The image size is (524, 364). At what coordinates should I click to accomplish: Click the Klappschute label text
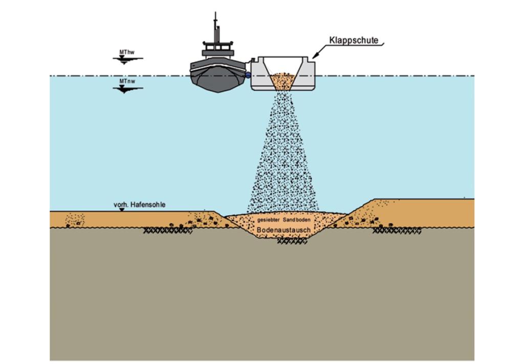point(354,40)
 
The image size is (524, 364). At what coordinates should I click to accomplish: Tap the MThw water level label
point(127,53)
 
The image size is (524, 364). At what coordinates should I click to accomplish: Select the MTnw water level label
point(127,81)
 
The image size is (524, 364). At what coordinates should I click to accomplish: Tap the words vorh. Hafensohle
point(139,204)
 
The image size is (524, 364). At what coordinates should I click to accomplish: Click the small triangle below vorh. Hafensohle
point(122,210)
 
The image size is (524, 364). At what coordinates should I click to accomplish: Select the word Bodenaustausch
point(283,230)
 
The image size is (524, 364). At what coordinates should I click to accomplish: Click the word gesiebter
point(268,220)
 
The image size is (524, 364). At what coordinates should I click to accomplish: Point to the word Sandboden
point(297,220)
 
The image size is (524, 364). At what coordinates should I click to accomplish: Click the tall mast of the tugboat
point(215,27)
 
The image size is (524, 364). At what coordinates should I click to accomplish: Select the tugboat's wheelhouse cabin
point(217,49)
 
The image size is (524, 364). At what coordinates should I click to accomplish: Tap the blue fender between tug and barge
point(248,75)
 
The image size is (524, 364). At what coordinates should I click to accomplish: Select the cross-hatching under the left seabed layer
point(168,231)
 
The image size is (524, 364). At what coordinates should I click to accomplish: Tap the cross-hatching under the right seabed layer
point(397,231)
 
